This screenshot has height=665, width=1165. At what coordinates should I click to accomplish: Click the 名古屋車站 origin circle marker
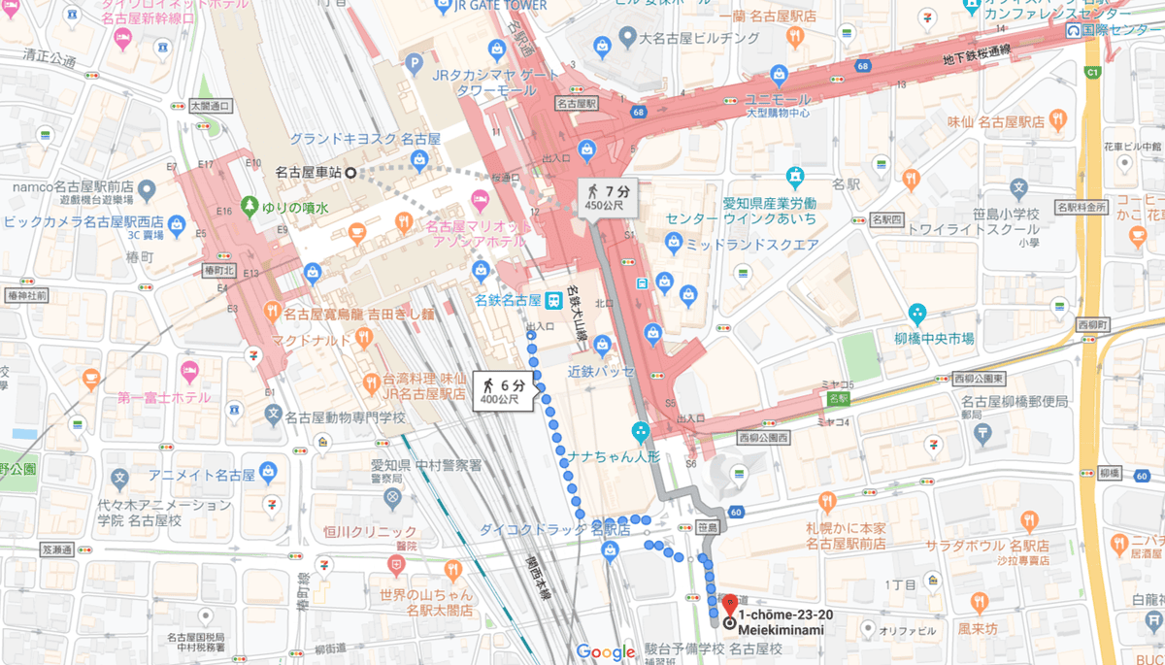(350, 173)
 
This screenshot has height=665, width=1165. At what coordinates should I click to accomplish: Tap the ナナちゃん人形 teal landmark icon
(640, 430)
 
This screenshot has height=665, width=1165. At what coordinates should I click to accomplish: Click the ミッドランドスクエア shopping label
(753, 245)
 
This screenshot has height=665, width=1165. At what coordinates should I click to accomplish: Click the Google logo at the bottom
(605, 652)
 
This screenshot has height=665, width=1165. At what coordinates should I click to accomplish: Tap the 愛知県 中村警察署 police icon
(392, 498)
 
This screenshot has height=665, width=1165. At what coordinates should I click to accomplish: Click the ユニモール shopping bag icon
(778, 74)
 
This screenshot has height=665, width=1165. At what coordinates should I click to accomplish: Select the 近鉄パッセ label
(602, 371)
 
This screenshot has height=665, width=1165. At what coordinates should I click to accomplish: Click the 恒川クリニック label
(370, 531)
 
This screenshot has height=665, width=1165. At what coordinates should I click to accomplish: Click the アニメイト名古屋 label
(201, 476)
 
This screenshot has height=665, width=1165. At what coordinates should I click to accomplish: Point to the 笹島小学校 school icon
(1018, 187)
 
